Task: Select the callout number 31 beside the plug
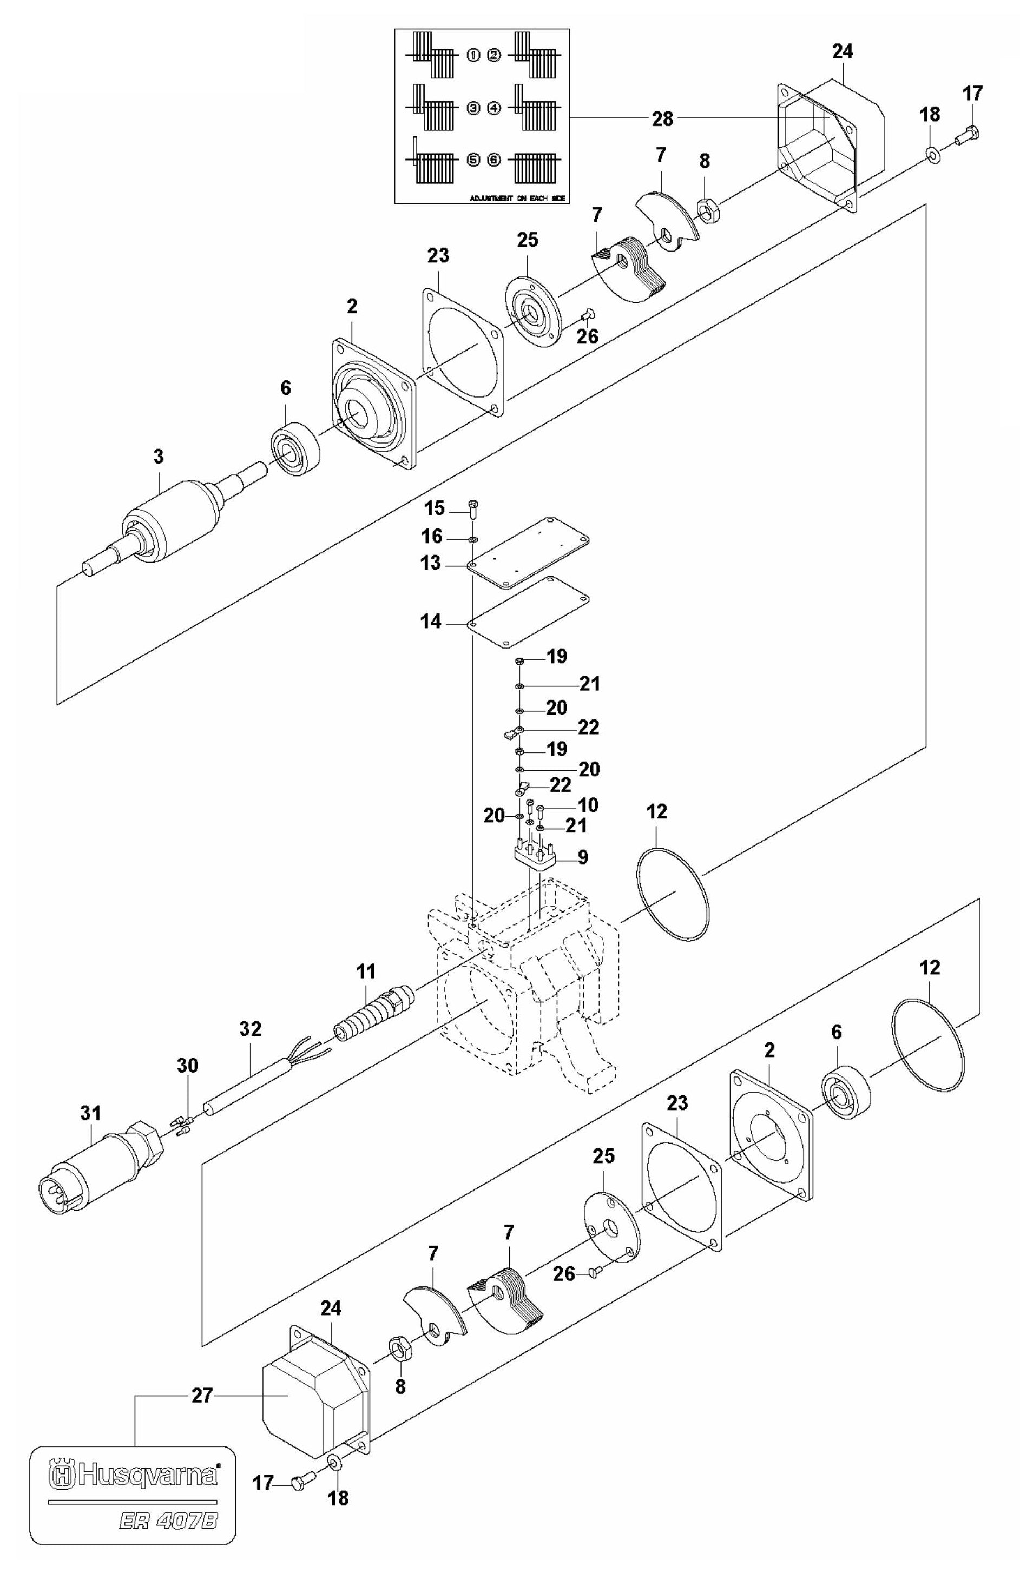click(x=90, y=1114)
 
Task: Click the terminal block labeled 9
click(x=536, y=856)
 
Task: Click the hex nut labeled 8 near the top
click(x=707, y=209)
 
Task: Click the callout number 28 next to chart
click(x=662, y=119)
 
